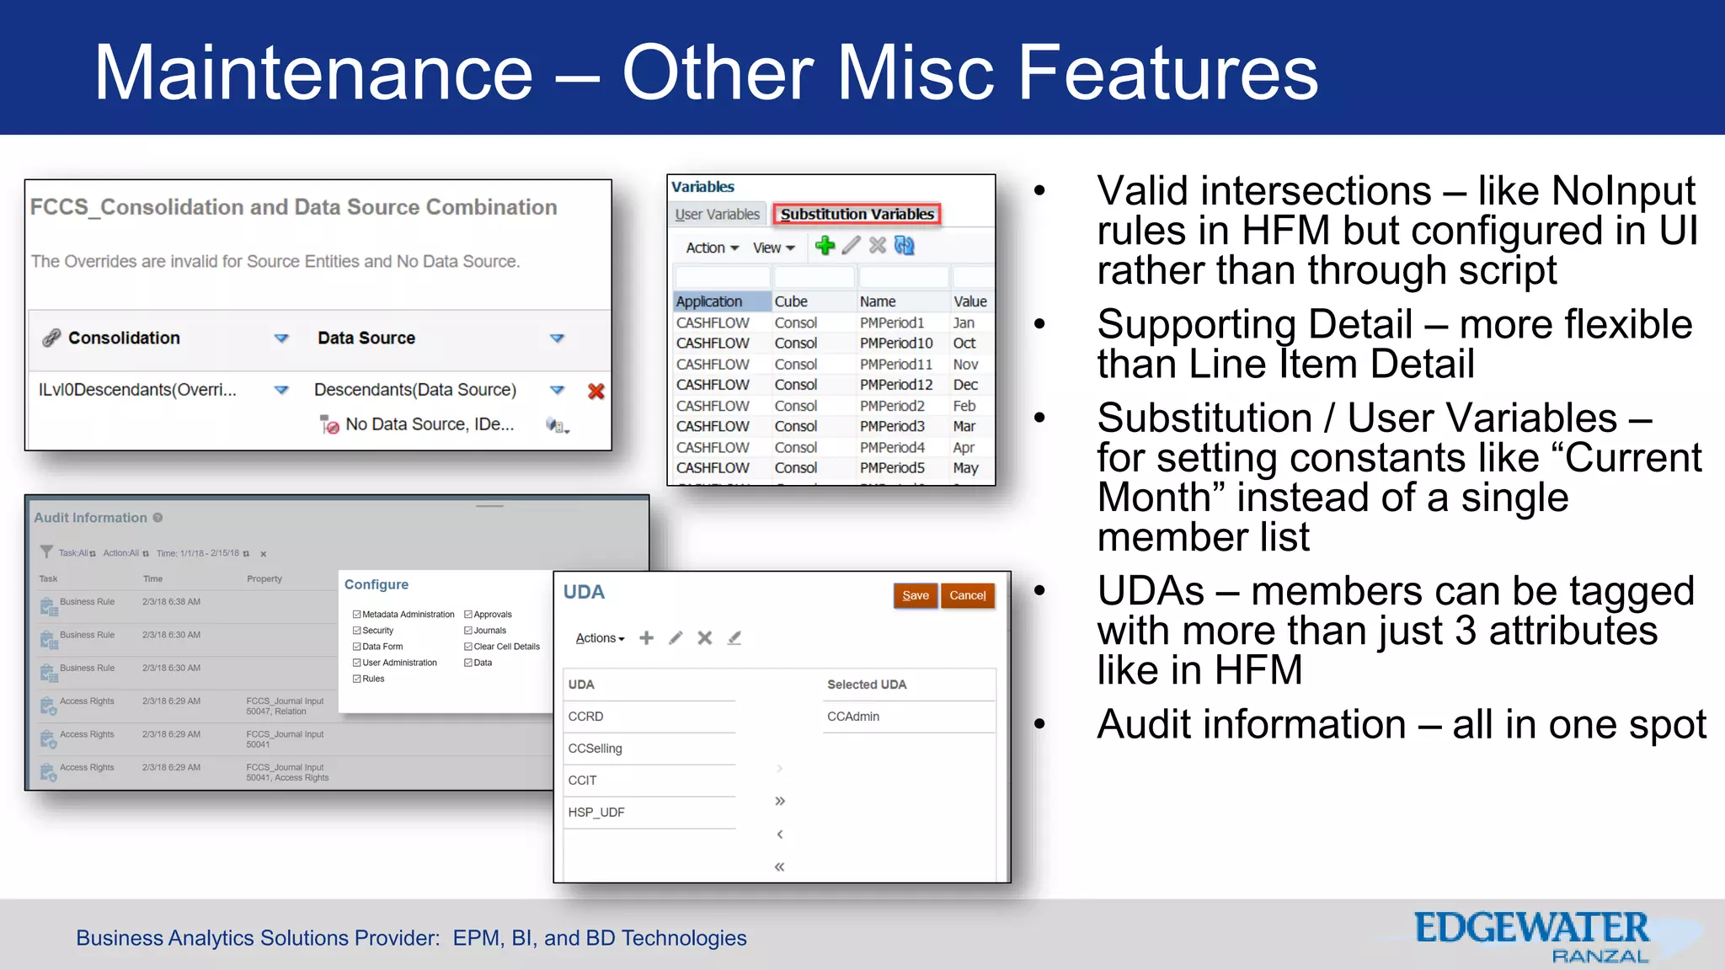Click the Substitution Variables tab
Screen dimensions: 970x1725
click(x=857, y=214)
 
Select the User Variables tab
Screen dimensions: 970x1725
click(x=717, y=214)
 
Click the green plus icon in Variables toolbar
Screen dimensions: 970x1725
click(x=825, y=246)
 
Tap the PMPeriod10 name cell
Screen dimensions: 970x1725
click(x=895, y=344)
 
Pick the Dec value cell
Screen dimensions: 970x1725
click(x=965, y=385)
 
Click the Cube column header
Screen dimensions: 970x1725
click(x=791, y=301)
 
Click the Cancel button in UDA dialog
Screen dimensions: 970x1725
click(x=967, y=595)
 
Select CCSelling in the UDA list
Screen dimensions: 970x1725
click(x=595, y=749)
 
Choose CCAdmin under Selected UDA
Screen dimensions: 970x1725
click(x=853, y=717)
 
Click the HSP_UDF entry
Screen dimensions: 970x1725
click(x=596, y=813)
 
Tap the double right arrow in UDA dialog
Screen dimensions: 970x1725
click(x=780, y=801)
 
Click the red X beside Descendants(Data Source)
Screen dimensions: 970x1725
click(x=596, y=391)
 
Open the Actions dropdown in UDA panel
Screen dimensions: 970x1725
click(x=600, y=638)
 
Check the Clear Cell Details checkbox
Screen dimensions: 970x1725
click(x=468, y=647)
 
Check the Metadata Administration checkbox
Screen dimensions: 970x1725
click(x=357, y=615)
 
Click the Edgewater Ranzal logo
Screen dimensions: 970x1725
click(x=1531, y=936)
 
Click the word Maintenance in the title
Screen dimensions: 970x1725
click(x=312, y=73)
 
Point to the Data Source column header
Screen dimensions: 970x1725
click(x=366, y=338)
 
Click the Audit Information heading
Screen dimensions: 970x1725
click(x=90, y=518)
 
